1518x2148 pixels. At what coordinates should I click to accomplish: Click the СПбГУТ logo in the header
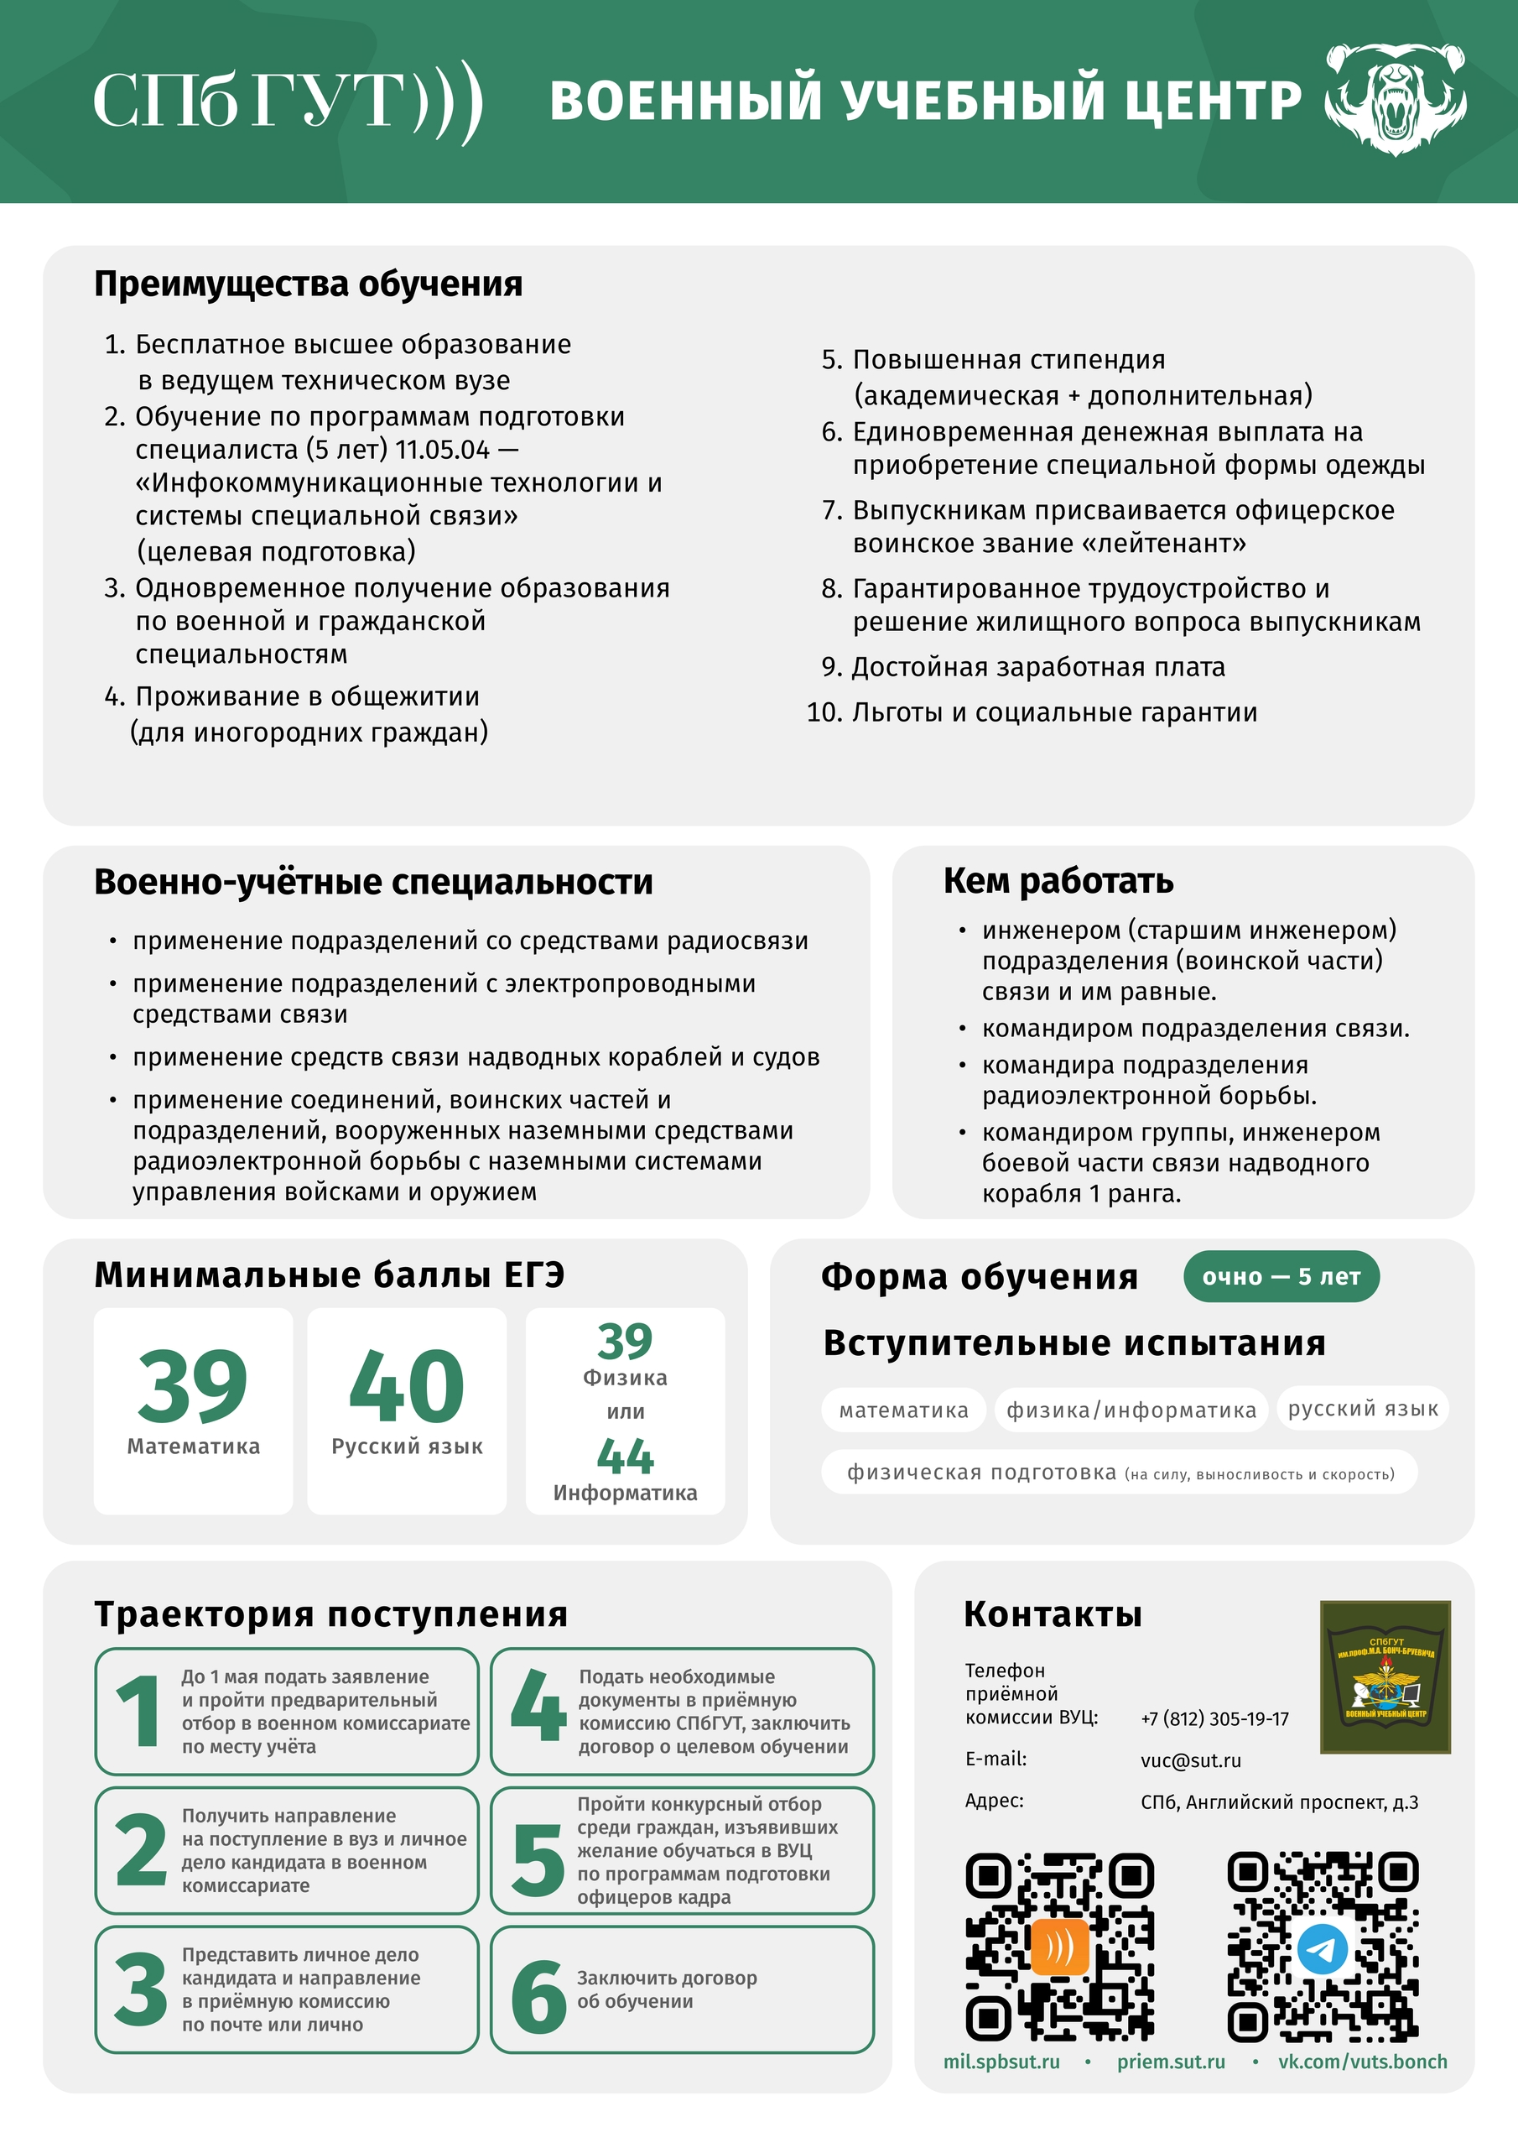[287, 101]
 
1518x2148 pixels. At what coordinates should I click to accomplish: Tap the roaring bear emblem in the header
[1396, 99]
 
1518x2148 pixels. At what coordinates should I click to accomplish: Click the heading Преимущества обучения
[308, 284]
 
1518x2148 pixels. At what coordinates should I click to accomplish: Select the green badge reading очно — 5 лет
[1281, 1276]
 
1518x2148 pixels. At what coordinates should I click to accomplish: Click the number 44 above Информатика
[625, 1457]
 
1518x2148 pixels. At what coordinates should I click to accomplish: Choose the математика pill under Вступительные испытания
[903, 1410]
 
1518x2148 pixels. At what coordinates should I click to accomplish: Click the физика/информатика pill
[1131, 1410]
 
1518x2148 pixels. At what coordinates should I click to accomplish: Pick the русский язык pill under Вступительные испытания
[1363, 1409]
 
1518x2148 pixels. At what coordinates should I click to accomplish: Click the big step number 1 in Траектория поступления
[138, 1711]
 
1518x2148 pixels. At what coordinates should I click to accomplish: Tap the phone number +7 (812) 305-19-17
[1214, 1718]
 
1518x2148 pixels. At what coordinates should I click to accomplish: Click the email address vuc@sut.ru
[1191, 1760]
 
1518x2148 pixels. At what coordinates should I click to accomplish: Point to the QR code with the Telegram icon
[1323, 1947]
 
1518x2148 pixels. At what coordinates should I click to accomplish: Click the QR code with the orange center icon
[1060, 1947]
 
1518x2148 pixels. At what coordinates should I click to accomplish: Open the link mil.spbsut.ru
[1001, 2061]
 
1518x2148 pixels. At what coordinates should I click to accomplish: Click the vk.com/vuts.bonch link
[1362, 2061]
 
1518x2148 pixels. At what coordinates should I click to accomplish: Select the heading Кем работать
[1058, 880]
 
